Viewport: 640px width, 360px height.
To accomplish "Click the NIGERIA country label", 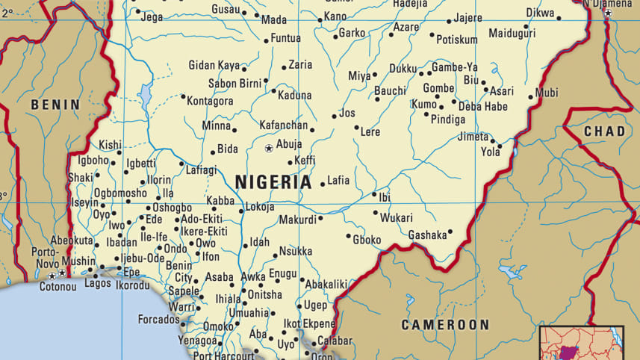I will pos(273,181).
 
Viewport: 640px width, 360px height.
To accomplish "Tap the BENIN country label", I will pos(55,105).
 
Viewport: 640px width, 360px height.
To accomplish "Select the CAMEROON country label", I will pos(445,325).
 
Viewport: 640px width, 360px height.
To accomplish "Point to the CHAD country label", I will pos(604,131).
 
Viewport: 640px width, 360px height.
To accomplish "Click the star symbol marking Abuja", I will pos(269,148).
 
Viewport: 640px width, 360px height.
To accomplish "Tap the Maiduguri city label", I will pos(512,34).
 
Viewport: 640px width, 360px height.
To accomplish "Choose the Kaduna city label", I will pos(294,96).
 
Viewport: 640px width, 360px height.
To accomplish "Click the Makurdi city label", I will pos(297,220).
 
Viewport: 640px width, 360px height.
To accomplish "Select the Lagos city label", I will pos(98,284).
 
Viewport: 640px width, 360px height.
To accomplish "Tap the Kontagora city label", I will pos(210,100).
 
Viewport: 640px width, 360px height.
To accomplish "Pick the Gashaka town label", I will pos(426,235).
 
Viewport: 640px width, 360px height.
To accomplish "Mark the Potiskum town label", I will pos(456,39).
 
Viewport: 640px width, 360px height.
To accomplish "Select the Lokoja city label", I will pos(260,207).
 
